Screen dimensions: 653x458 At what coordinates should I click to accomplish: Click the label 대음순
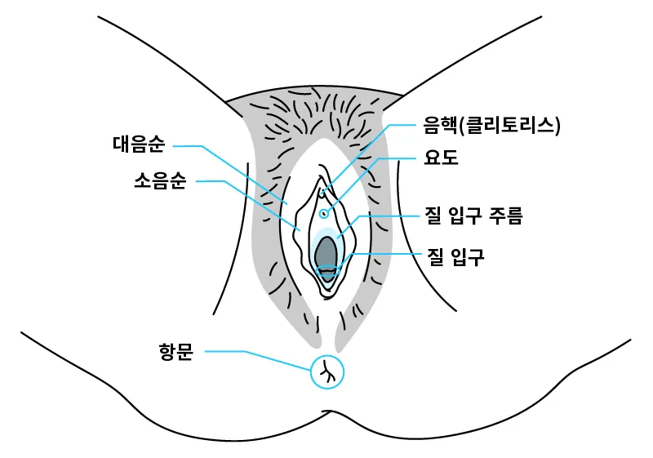pyautogui.click(x=139, y=145)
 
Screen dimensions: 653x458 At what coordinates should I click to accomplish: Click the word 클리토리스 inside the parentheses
pyautogui.click(x=509, y=125)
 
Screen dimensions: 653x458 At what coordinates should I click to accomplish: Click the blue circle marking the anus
pyautogui.click(x=327, y=372)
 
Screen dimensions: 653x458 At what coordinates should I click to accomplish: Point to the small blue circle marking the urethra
pyautogui.click(x=324, y=213)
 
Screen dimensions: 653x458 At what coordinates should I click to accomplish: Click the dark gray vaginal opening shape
pyautogui.click(x=326, y=255)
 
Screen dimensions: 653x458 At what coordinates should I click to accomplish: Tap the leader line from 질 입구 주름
pyautogui.click(x=384, y=216)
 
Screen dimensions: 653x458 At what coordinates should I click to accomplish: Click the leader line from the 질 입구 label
pyautogui.click(x=384, y=256)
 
